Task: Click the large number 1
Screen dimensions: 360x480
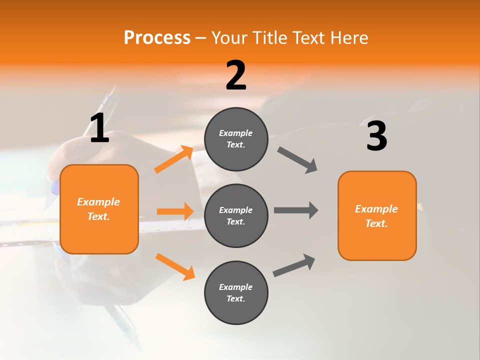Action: [x=99, y=128]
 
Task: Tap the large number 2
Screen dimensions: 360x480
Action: [x=236, y=75]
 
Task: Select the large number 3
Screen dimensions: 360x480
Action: [x=376, y=136]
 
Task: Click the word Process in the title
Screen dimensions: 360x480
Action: [x=157, y=37]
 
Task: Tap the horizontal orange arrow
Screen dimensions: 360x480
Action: [x=175, y=211]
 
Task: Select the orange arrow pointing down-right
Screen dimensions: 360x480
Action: [x=175, y=266]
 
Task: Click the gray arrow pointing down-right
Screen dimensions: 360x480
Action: [x=297, y=160]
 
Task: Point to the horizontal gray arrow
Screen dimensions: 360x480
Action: [x=296, y=210]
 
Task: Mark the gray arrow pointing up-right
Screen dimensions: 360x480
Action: [x=294, y=265]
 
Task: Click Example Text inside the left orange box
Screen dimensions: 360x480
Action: [x=98, y=209]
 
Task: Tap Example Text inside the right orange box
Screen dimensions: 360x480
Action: [x=376, y=216]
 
